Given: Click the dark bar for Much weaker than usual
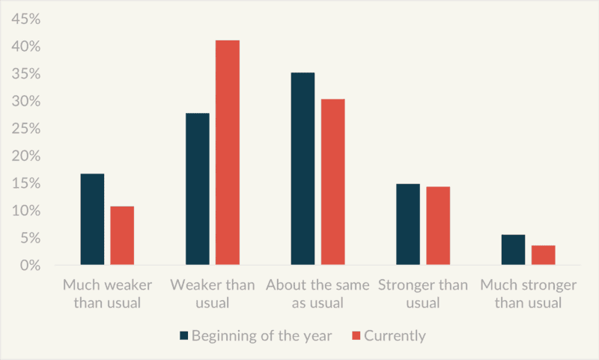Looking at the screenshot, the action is [92, 219].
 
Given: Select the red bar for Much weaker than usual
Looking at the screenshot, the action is [122, 236].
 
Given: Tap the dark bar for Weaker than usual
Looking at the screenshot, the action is [198, 189].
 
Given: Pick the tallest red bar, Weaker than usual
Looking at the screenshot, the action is [228, 153].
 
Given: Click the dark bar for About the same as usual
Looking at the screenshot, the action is [303, 168].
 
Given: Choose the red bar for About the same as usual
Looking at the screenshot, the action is [332, 182].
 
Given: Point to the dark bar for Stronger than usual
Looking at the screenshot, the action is [408, 224].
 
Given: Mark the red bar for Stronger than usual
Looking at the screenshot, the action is [438, 225].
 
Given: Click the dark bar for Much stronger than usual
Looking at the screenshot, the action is [514, 250].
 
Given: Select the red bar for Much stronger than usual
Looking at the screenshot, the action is [544, 255].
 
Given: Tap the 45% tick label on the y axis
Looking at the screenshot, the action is [25, 19].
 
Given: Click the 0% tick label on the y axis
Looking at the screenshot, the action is [30, 266].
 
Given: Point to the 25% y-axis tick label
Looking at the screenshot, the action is [25, 128].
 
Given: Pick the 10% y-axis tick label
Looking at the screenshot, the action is [25, 210].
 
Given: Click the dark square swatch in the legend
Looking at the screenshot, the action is [184, 335].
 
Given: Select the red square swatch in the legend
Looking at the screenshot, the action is [356, 335].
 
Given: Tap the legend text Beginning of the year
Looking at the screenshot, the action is [261, 336].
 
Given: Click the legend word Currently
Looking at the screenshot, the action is [395, 336].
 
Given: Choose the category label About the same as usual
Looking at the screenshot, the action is [317, 293].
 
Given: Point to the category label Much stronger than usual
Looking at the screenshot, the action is [529, 293].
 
